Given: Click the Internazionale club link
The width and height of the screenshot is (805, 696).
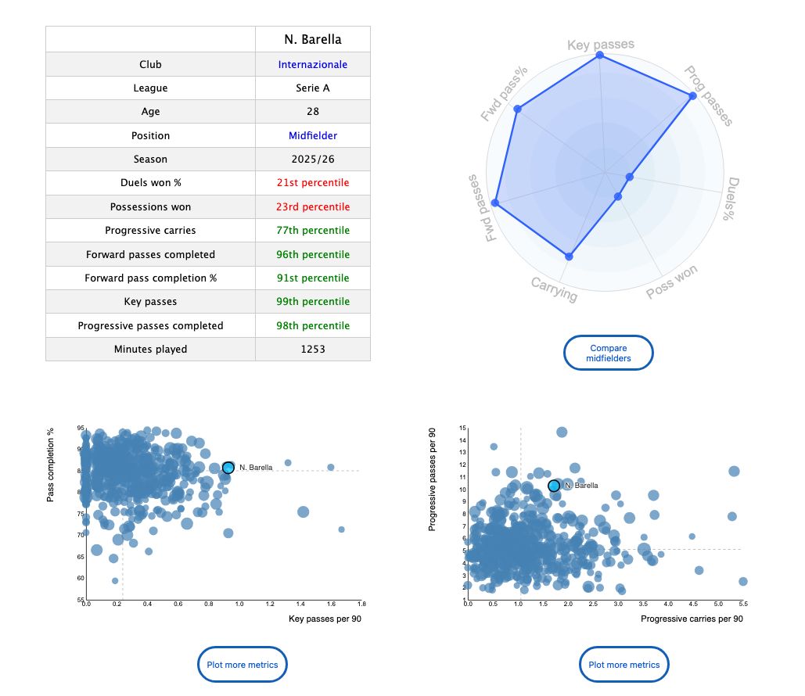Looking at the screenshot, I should pyautogui.click(x=312, y=65).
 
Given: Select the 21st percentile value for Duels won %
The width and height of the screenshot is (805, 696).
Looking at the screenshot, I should pyautogui.click(x=312, y=183).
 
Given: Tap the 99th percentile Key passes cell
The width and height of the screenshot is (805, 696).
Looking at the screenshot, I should pyautogui.click(x=312, y=302).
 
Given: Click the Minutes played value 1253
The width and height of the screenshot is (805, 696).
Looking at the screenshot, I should pyautogui.click(x=312, y=350).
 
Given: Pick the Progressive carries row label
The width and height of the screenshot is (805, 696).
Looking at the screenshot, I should pyautogui.click(x=150, y=231).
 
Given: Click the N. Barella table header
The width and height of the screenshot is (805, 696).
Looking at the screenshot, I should pyautogui.click(x=312, y=40).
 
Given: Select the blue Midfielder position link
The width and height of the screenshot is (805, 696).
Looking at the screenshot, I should pyautogui.click(x=312, y=136).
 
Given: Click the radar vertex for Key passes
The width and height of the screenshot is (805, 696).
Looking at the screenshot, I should pyautogui.click(x=600, y=56).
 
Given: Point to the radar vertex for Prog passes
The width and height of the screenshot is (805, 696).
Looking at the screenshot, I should pyautogui.click(x=692, y=96).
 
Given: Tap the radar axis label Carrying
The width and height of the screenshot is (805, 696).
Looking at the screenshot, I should pyautogui.click(x=554, y=289).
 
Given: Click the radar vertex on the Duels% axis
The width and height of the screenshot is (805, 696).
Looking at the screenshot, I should pyautogui.click(x=629, y=177).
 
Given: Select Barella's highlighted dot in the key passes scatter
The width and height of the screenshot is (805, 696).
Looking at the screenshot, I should pyautogui.click(x=228, y=468).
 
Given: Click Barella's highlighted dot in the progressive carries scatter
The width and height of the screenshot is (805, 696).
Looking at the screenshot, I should pyautogui.click(x=554, y=486).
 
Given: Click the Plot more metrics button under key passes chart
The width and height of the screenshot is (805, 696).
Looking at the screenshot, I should pyautogui.click(x=243, y=665).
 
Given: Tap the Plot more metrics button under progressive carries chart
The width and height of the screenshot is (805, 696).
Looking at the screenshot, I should pyautogui.click(x=624, y=665).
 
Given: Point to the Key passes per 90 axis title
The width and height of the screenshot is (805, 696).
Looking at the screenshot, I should pyautogui.click(x=325, y=619).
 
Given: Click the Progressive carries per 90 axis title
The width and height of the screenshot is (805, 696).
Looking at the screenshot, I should pyautogui.click(x=691, y=619).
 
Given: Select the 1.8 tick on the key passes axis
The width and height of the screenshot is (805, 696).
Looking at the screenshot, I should pyautogui.click(x=361, y=605).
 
